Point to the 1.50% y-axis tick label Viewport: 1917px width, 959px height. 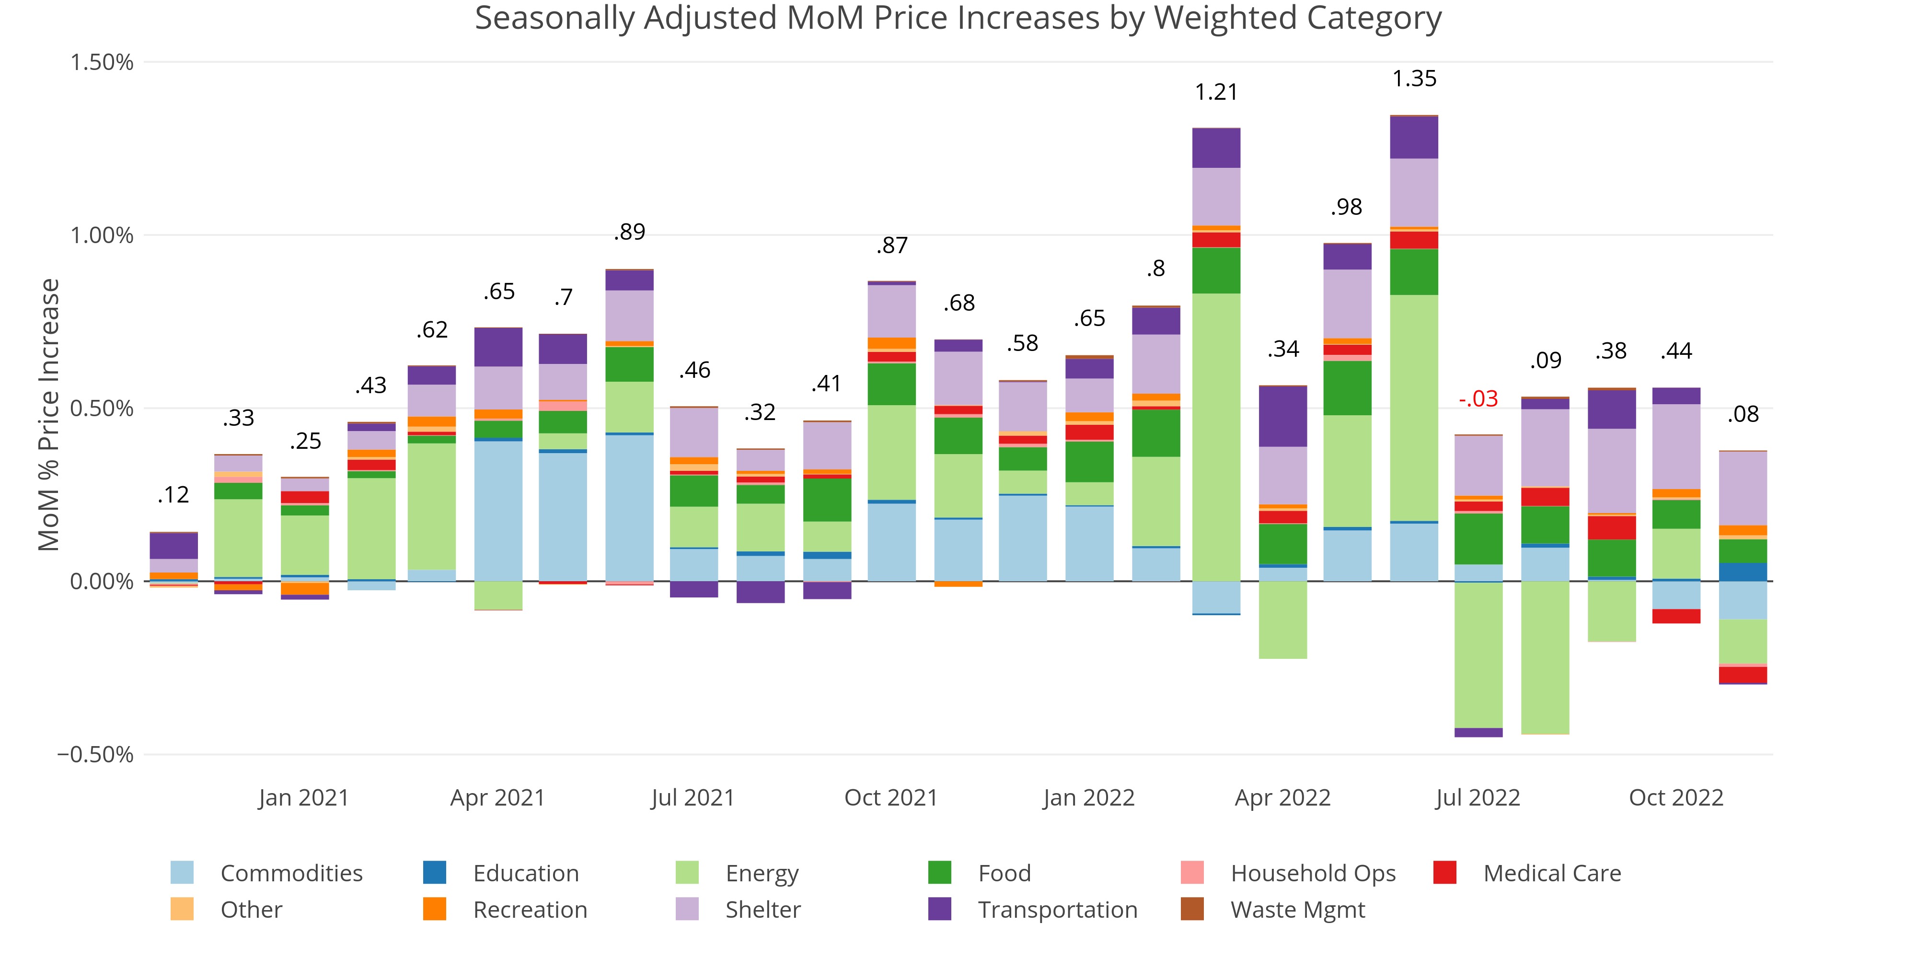click(x=102, y=62)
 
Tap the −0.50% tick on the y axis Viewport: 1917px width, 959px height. click(x=96, y=754)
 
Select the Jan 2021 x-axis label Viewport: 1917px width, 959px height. click(x=304, y=797)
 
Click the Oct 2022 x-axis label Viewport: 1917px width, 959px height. click(x=1676, y=797)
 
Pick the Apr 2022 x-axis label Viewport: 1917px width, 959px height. click(x=1282, y=797)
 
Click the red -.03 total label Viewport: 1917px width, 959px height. click(x=1478, y=399)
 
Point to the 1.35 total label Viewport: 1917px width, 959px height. click(x=1414, y=79)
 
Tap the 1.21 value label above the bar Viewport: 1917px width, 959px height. click(x=1216, y=93)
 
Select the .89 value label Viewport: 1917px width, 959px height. click(x=630, y=232)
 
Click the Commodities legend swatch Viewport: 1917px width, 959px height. click(x=182, y=873)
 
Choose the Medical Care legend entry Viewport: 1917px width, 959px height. click(x=1552, y=873)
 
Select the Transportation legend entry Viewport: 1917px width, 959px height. click(x=1057, y=910)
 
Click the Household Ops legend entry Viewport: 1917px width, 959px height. click(x=1313, y=873)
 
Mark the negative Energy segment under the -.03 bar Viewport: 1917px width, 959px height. click(x=1478, y=655)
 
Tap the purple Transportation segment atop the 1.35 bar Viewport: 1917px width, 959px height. click(x=1414, y=138)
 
